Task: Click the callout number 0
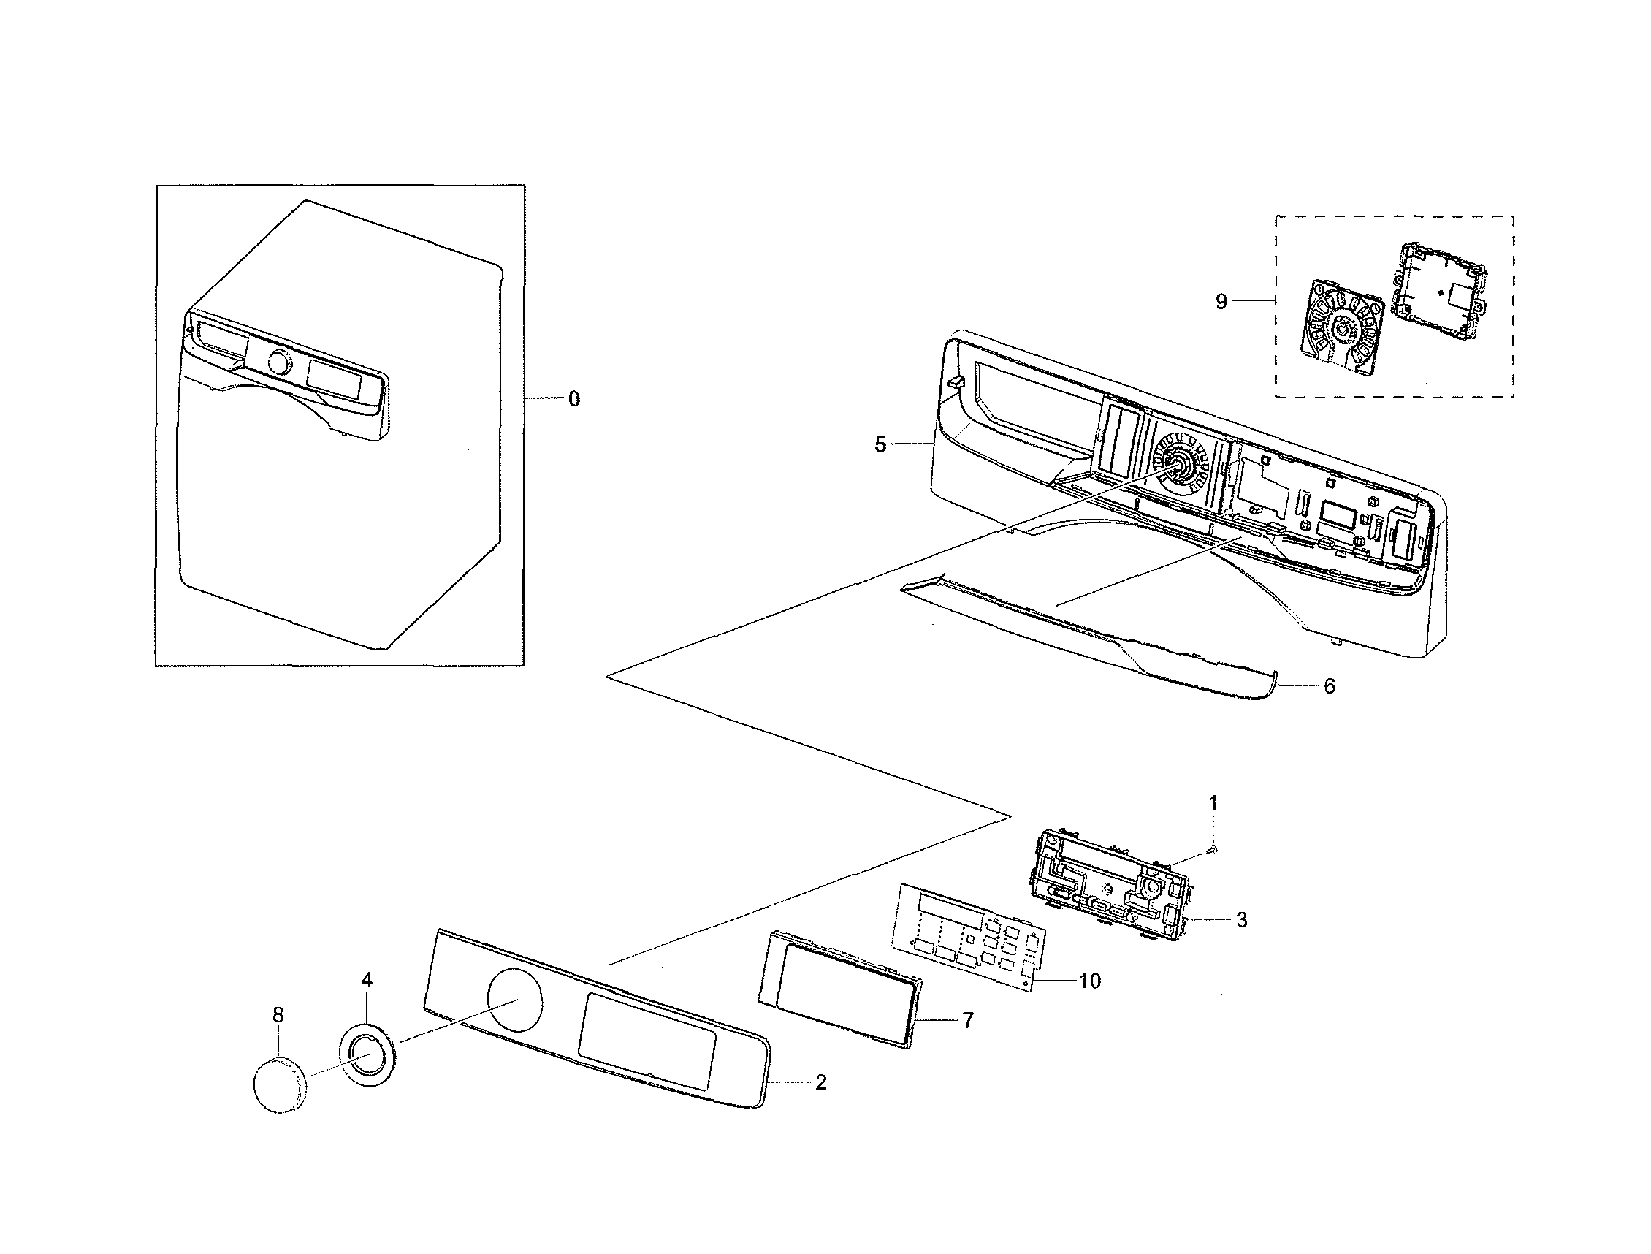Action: tap(573, 399)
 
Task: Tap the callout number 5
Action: tap(880, 445)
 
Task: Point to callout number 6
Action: tap(1330, 686)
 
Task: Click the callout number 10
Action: tap(1090, 981)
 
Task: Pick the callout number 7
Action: tap(968, 1020)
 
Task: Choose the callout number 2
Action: tap(820, 1082)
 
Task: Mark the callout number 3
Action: tap(1241, 920)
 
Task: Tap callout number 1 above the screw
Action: tap(1213, 803)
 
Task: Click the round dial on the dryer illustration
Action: tap(278, 363)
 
